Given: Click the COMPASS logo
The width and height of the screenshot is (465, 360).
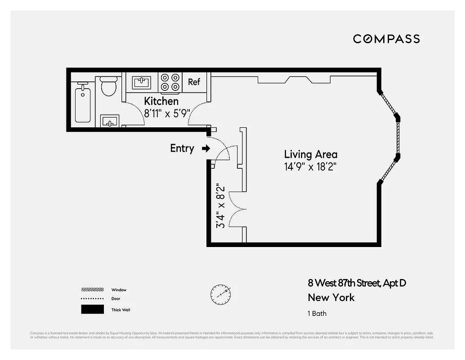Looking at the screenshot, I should tap(386, 39).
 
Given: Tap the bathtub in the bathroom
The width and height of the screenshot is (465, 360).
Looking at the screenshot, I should tap(83, 105).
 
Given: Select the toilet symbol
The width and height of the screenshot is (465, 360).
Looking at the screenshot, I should tap(109, 86).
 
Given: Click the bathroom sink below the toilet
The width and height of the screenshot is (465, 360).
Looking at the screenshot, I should tap(109, 121).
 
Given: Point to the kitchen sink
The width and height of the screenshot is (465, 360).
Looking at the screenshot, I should tap(142, 82).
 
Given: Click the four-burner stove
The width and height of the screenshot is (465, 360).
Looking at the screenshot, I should tap(170, 82).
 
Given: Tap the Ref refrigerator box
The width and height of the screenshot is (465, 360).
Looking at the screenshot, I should tap(194, 82).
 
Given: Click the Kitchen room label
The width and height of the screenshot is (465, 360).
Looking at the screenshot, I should tap(161, 101).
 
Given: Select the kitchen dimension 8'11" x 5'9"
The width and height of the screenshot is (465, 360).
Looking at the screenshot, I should tap(165, 114).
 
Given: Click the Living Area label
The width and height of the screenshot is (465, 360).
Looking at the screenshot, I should tap(310, 154).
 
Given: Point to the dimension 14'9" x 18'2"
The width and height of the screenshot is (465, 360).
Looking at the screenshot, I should tap(310, 166).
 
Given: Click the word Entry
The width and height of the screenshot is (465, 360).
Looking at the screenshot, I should tap(182, 148).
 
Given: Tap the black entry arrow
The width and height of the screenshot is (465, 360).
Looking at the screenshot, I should tap(206, 148).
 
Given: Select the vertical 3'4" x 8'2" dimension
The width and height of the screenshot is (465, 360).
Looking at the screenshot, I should tap(221, 205).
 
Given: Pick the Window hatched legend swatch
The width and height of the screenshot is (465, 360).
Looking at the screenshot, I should tap(92, 290).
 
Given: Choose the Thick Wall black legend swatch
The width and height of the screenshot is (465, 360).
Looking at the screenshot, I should tap(92, 310).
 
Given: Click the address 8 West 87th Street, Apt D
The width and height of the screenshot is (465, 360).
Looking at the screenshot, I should tap(357, 283).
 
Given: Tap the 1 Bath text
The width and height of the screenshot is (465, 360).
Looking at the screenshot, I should tap(317, 314).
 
